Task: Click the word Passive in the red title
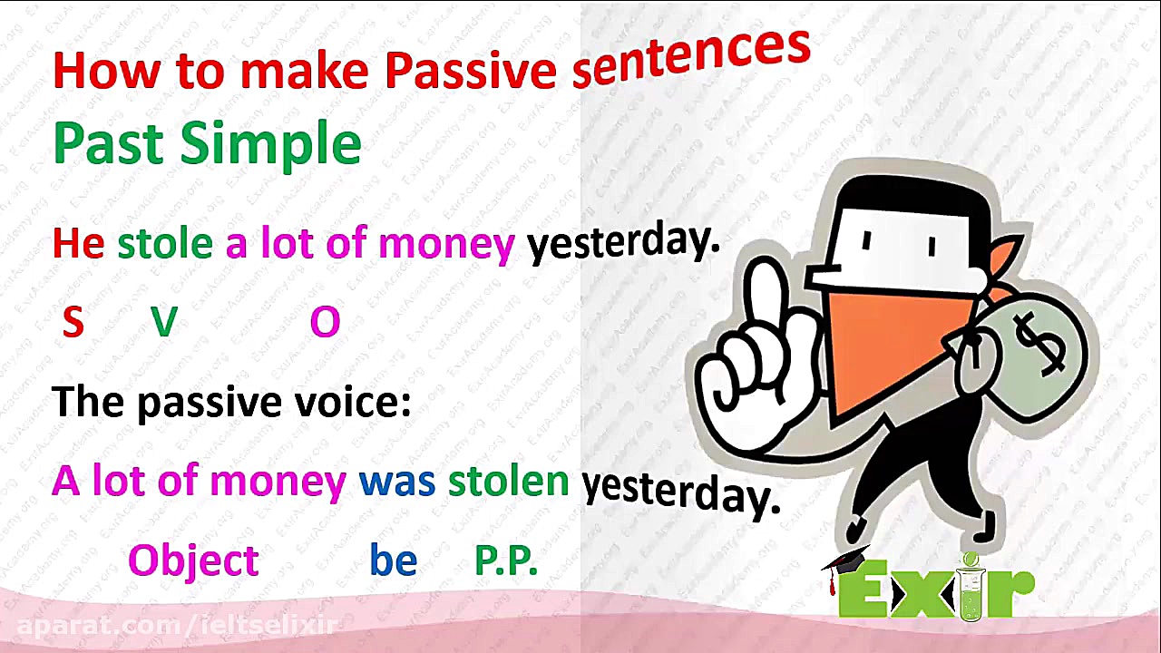pyautogui.click(x=471, y=72)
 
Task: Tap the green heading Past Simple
pyautogui.click(x=208, y=144)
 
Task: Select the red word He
pyautogui.click(x=78, y=243)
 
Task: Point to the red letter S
pyautogui.click(x=73, y=322)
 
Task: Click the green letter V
pyautogui.click(x=164, y=322)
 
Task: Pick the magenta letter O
pyautogui.click(x=325, y=322)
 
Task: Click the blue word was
pyautogui.click(x=397, y=482)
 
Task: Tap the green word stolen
pyautogui.click(x=509, y=481)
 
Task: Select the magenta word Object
pyautogui.click(x=193, y=561)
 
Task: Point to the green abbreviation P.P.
pyautogui.click(x=506, y=560)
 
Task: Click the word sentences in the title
pyautogui.click(x=691, y=58)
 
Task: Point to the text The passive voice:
pyautogui.click(x=231, y=403)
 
